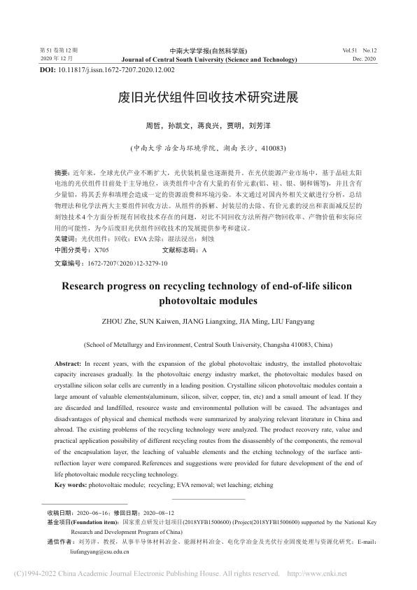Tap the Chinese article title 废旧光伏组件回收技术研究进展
(208, 97)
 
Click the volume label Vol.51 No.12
(360, 51)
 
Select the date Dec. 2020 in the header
(365, 60)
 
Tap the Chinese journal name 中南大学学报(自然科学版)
(208, 51)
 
